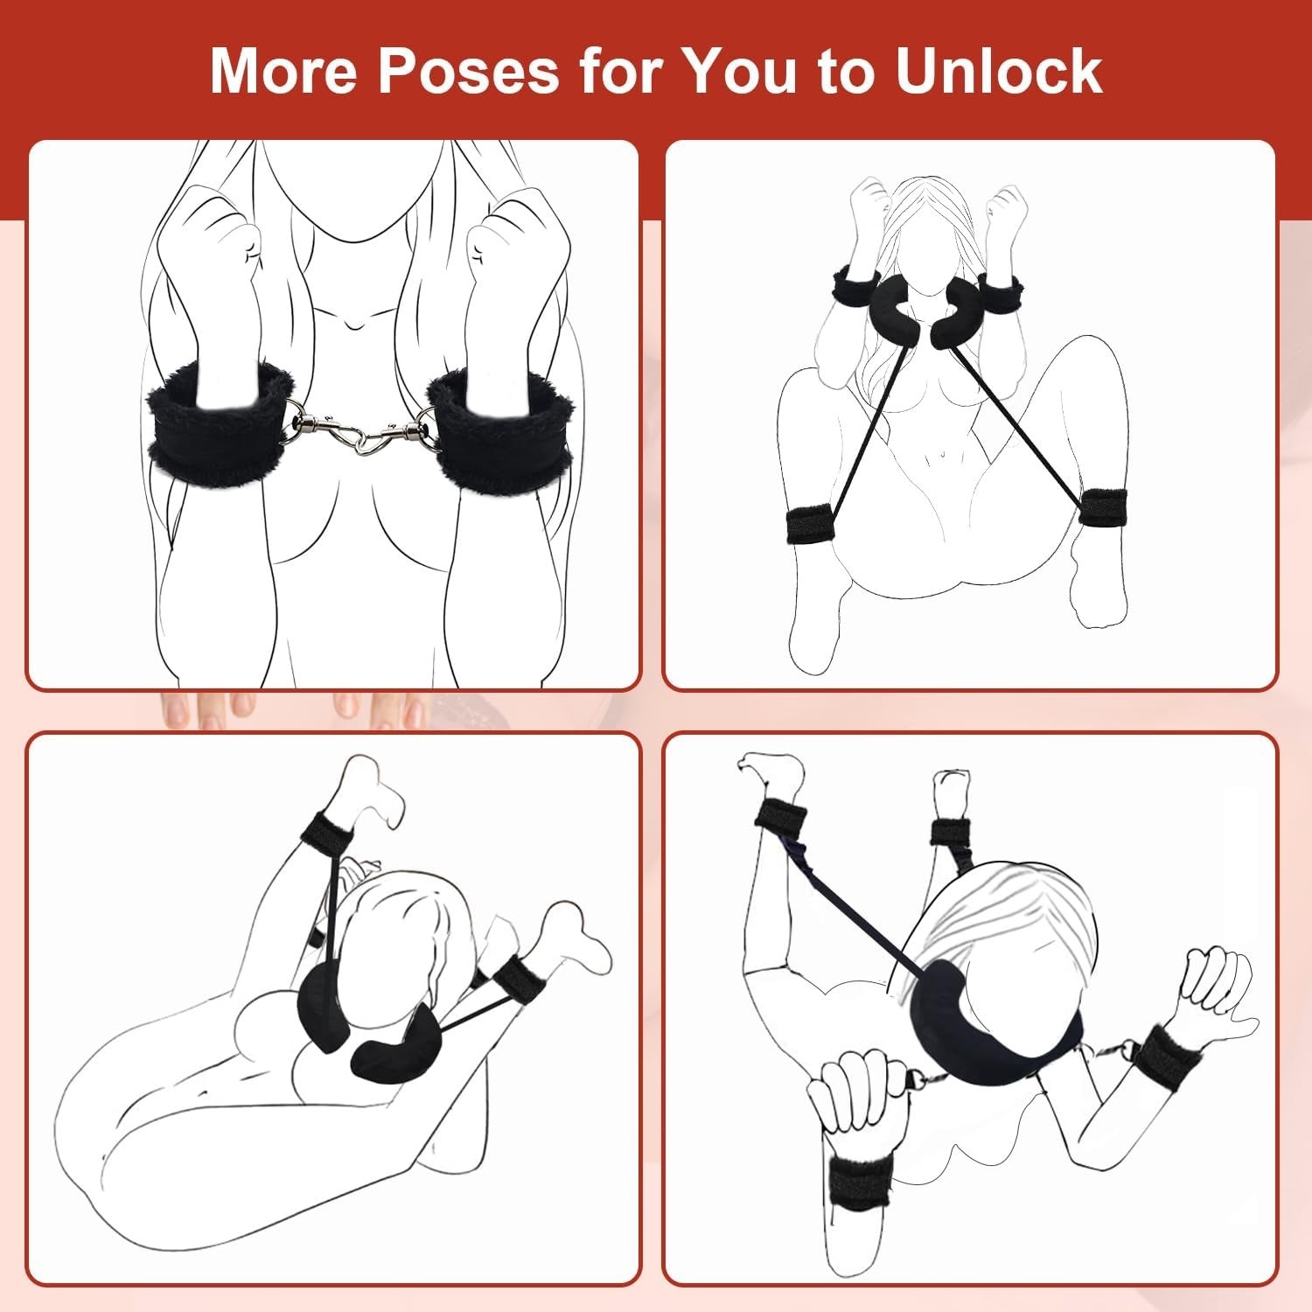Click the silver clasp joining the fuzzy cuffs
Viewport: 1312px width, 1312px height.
pyautogui.click(x=360, y=430)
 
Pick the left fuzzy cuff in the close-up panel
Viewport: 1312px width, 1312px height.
pyautogui.click(x=221, y=423)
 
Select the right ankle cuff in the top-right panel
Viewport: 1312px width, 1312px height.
pyautogui.click(x=1101, y=508)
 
